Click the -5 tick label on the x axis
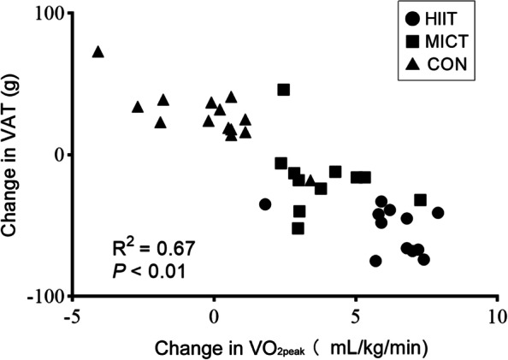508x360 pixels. (x=72, y=315)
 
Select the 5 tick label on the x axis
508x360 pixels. (x=355, y=315)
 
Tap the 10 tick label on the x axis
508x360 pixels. (x=495, y=315)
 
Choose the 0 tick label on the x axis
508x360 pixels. (x=214, y=315)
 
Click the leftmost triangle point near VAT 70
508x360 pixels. (x=98, y=52)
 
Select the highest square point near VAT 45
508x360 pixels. (x=284, y=90)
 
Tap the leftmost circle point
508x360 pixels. (x=265, y=204)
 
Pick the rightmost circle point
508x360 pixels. (x=438, y=213)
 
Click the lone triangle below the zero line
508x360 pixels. (x=310, y=180)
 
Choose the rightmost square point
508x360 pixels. (x=420, y=200)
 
